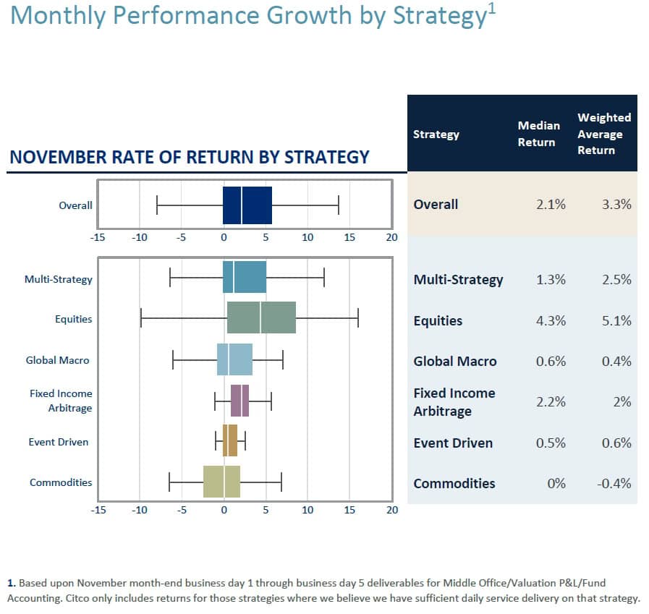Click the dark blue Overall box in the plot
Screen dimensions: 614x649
click(247, 205)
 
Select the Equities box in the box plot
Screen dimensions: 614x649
click(261, 317)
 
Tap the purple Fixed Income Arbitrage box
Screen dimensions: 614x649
click(239, 401)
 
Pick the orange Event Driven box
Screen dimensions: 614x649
click(229, 440)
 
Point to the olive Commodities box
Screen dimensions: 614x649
click(221, 482)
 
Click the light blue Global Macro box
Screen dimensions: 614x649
click(234, 359)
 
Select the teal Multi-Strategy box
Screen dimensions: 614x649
click(245, 277)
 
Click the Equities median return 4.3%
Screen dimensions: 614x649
click(551, 320)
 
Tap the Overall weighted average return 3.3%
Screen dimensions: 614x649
click(616, 205)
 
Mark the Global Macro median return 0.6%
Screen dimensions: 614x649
click(551, 361)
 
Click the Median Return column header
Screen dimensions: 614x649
click(538, 134)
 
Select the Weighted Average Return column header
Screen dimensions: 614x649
click(603, 134)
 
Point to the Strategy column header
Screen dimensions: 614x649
click(436, 135)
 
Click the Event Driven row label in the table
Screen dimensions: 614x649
click(452, 443)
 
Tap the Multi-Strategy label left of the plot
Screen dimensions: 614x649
click(59, 278)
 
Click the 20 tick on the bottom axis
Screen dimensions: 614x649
click(391, 510)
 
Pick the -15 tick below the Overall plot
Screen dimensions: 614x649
click(98, 237)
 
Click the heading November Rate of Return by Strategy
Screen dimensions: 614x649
click(188, 157)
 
